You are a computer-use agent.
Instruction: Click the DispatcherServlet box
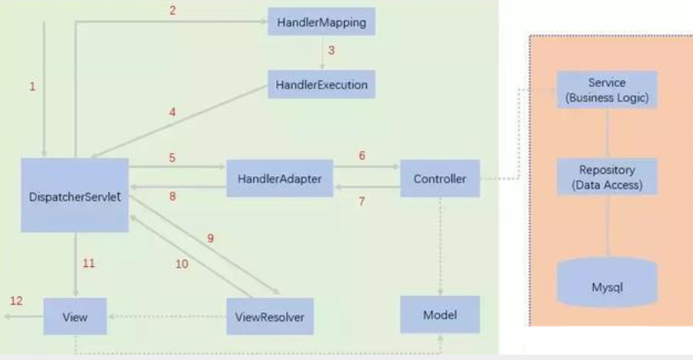coord(75,195)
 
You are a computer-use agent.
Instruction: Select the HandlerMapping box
coord(322,23)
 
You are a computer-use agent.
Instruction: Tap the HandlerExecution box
coord(322,84)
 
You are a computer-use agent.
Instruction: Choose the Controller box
coord(439,178)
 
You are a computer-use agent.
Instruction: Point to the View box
coord(75,316)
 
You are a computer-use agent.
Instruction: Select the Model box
coord(439,315)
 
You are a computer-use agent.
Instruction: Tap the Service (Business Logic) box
coord(607,89)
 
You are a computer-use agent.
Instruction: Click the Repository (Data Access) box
coord(607,176)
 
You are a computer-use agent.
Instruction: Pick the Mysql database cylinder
coord(607,285)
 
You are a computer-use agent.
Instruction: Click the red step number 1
coord(32,87)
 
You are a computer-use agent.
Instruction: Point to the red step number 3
coord(331,52)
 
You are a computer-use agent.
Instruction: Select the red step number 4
coord(172,112)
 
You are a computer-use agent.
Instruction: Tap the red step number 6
coord(361,155)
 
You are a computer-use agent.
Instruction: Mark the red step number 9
coord(210,238)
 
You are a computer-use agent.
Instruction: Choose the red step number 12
coord(15,299)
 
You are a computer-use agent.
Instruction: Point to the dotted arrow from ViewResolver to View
coord(165,316)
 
